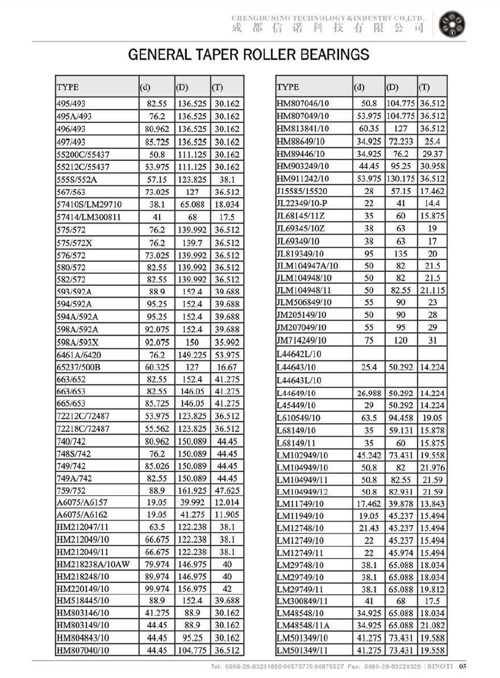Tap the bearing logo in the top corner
click(x=452, y=23)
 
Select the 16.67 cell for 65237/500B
click(x=227, y=367)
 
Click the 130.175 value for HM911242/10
click(x=401, y=179)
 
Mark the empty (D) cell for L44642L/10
click(x=401, y=355)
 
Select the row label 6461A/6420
click(x=79, y=355)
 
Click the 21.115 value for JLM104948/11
click(x=432, y=290)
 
